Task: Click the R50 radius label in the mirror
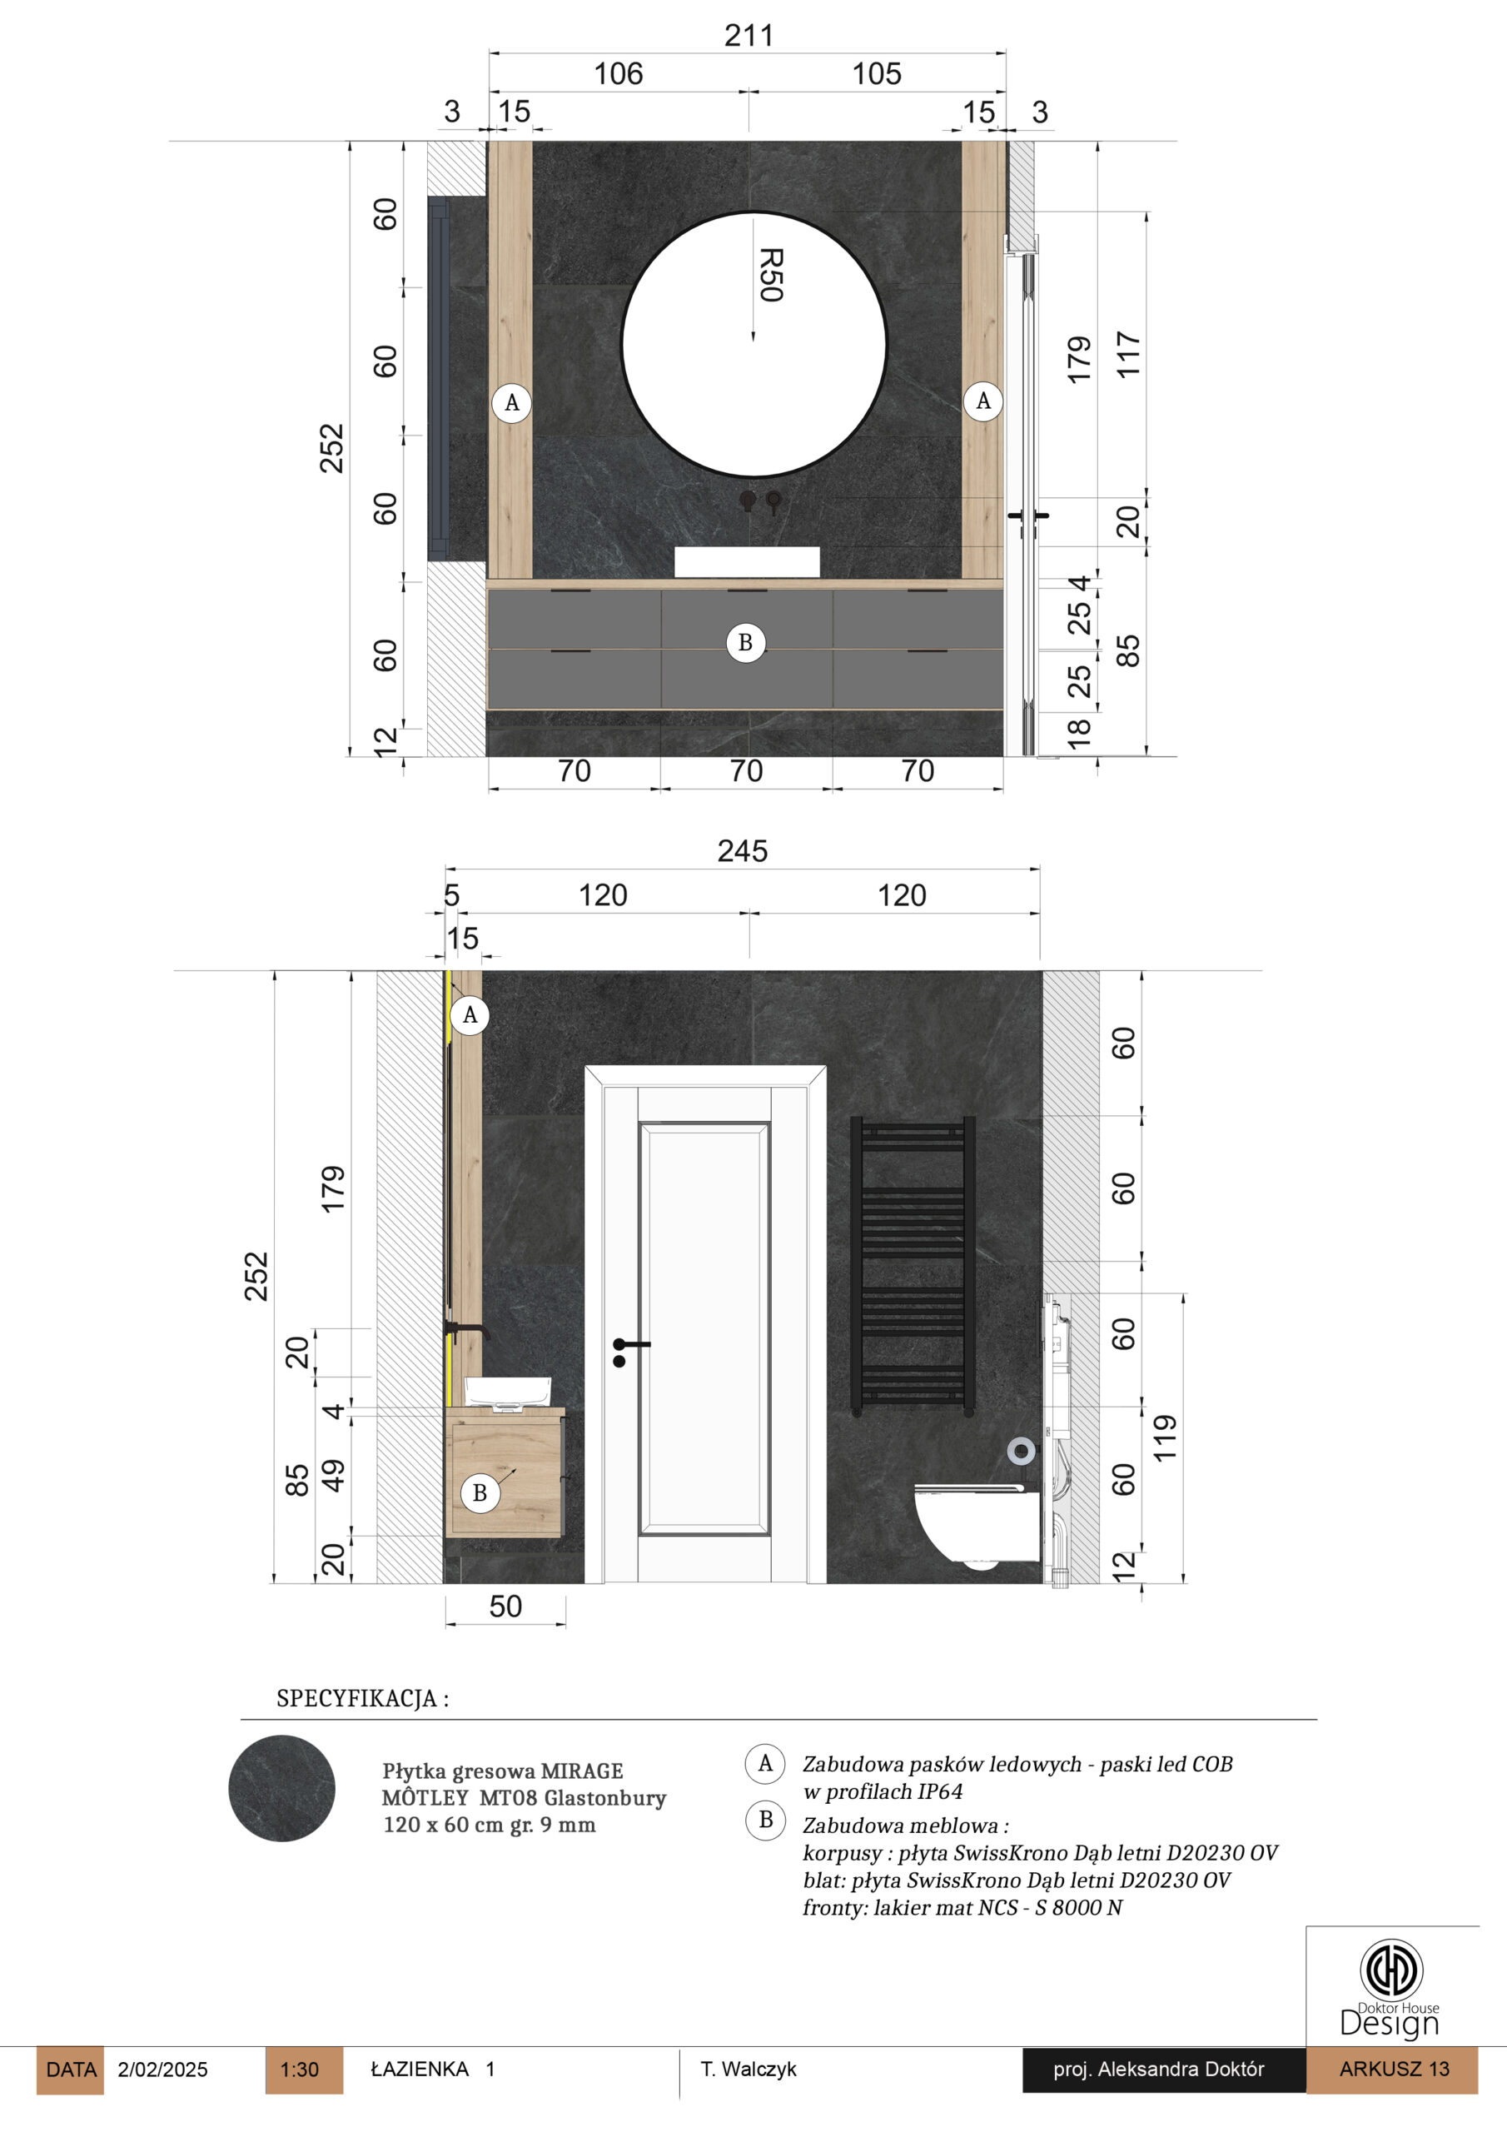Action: pos(772,275)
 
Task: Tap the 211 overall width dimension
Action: pos(749,35)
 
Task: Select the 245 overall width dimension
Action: pos(742,850)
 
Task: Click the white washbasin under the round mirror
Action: pos(747,562)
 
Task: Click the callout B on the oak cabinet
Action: pos(480,1493)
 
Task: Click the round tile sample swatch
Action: pos(281,1788)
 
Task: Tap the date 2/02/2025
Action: pos(162,2070)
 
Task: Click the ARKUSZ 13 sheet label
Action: pos(1393,2069)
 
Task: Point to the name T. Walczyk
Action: pos(749,2069)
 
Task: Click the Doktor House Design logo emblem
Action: pos(1391,1969)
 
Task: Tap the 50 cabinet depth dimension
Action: pos(505,1606)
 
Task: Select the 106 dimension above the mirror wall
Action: pos(619,74)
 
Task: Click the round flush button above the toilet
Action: pos(1022,1451)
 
